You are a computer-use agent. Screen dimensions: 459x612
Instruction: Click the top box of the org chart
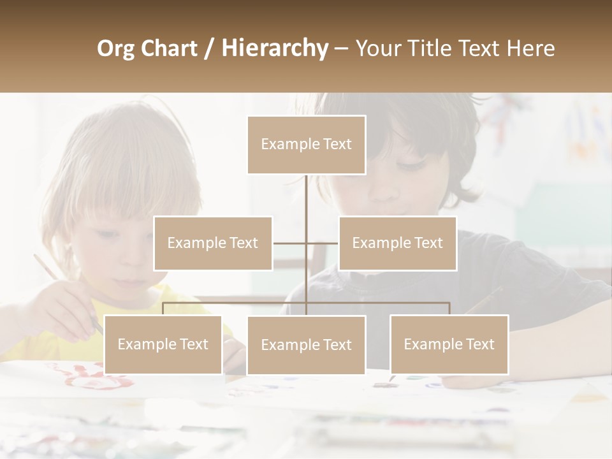coord(306,145)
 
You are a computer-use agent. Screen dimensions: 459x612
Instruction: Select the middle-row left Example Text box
coord(213,243)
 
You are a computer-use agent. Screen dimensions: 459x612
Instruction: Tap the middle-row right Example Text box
coord(397,243)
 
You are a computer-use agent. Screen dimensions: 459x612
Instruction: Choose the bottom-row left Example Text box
coord(163,344)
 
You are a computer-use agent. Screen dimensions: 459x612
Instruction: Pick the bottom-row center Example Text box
coord(306,345)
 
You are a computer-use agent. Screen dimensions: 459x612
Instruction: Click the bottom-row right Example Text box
coord(449,344)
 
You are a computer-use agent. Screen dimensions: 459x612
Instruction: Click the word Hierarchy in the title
coord(275,48)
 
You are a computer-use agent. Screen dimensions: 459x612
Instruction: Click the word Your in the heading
coord(378,48)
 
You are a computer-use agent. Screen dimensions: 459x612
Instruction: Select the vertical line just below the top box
coord(306,191)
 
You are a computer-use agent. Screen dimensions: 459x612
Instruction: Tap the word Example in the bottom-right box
coord(433,344)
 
